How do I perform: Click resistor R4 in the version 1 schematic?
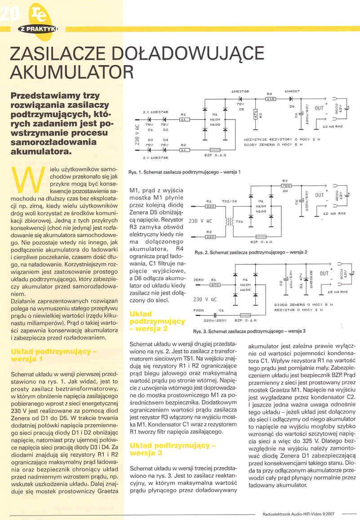[x=271, y=98]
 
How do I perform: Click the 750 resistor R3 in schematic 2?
[x=285, y=185]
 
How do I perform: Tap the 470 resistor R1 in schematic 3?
[x=214, y=284]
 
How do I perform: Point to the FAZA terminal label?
[x=198, y=310]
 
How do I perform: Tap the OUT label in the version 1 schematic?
[x=319, y=108]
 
